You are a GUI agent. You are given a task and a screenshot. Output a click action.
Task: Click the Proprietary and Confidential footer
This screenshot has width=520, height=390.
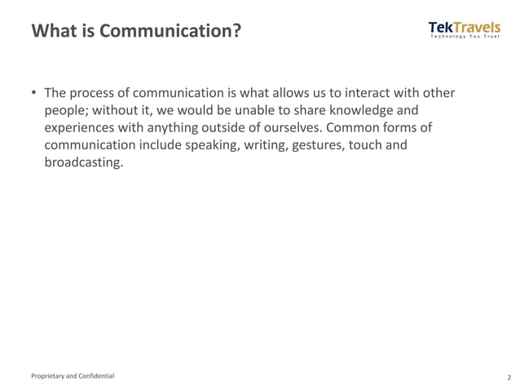pos(73,376)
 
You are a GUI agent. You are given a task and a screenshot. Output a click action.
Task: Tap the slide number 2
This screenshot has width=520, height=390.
pos(509,377)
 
